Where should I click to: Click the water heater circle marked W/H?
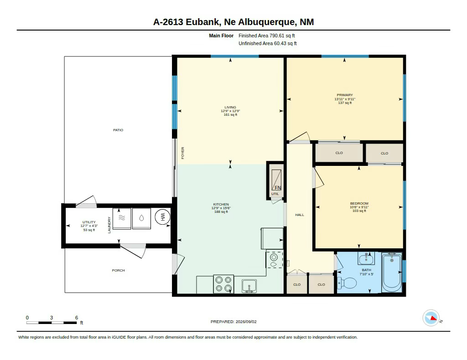coord(163,217)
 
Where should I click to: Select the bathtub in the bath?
coord(392,272)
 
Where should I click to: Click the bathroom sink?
coord(366,258)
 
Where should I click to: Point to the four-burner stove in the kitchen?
coord(223,284)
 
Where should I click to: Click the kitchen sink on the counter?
coord(249,286)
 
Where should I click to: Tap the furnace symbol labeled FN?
coord(276,180)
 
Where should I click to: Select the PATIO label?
coord(118,130)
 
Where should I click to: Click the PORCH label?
coord(118,270)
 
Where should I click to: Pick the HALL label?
coord(300,215)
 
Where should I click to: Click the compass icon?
coord(431,318)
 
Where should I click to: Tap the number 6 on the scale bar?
coord(77,318)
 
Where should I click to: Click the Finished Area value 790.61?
coord(277,36)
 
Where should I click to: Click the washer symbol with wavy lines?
coord(122,219)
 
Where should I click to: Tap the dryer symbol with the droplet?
coord(141,219)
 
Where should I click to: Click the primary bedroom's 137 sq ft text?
coord(345,103)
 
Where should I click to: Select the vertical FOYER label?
coord(182,153)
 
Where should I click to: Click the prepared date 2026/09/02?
coord(246,322)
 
